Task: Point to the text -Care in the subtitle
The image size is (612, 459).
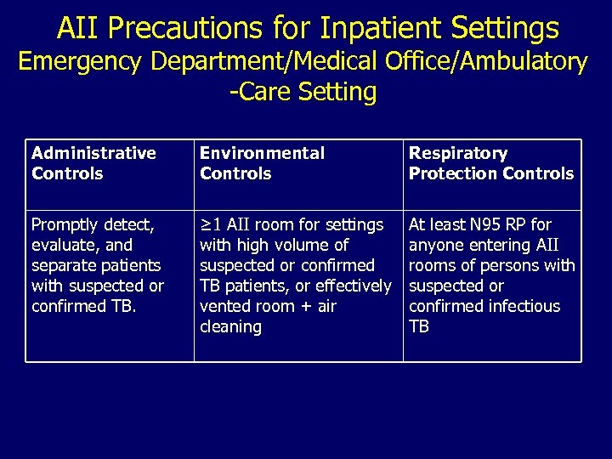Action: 263,92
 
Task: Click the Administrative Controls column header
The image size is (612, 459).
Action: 93,163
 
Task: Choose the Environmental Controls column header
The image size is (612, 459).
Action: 262,163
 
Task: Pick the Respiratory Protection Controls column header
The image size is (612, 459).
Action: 490,163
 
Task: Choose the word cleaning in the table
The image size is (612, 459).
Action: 230,326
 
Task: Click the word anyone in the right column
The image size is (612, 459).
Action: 437,245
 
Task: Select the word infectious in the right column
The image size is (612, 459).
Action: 522,306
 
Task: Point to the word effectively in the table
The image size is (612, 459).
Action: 350,286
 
